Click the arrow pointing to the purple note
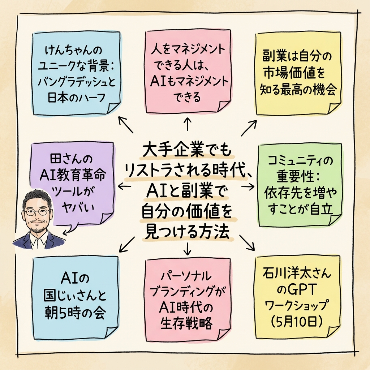(x=124, y=186)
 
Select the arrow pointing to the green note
(x=248, y=186)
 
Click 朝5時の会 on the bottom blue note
(x=76, y=312)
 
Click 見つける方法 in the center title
(x=187, y=232)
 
